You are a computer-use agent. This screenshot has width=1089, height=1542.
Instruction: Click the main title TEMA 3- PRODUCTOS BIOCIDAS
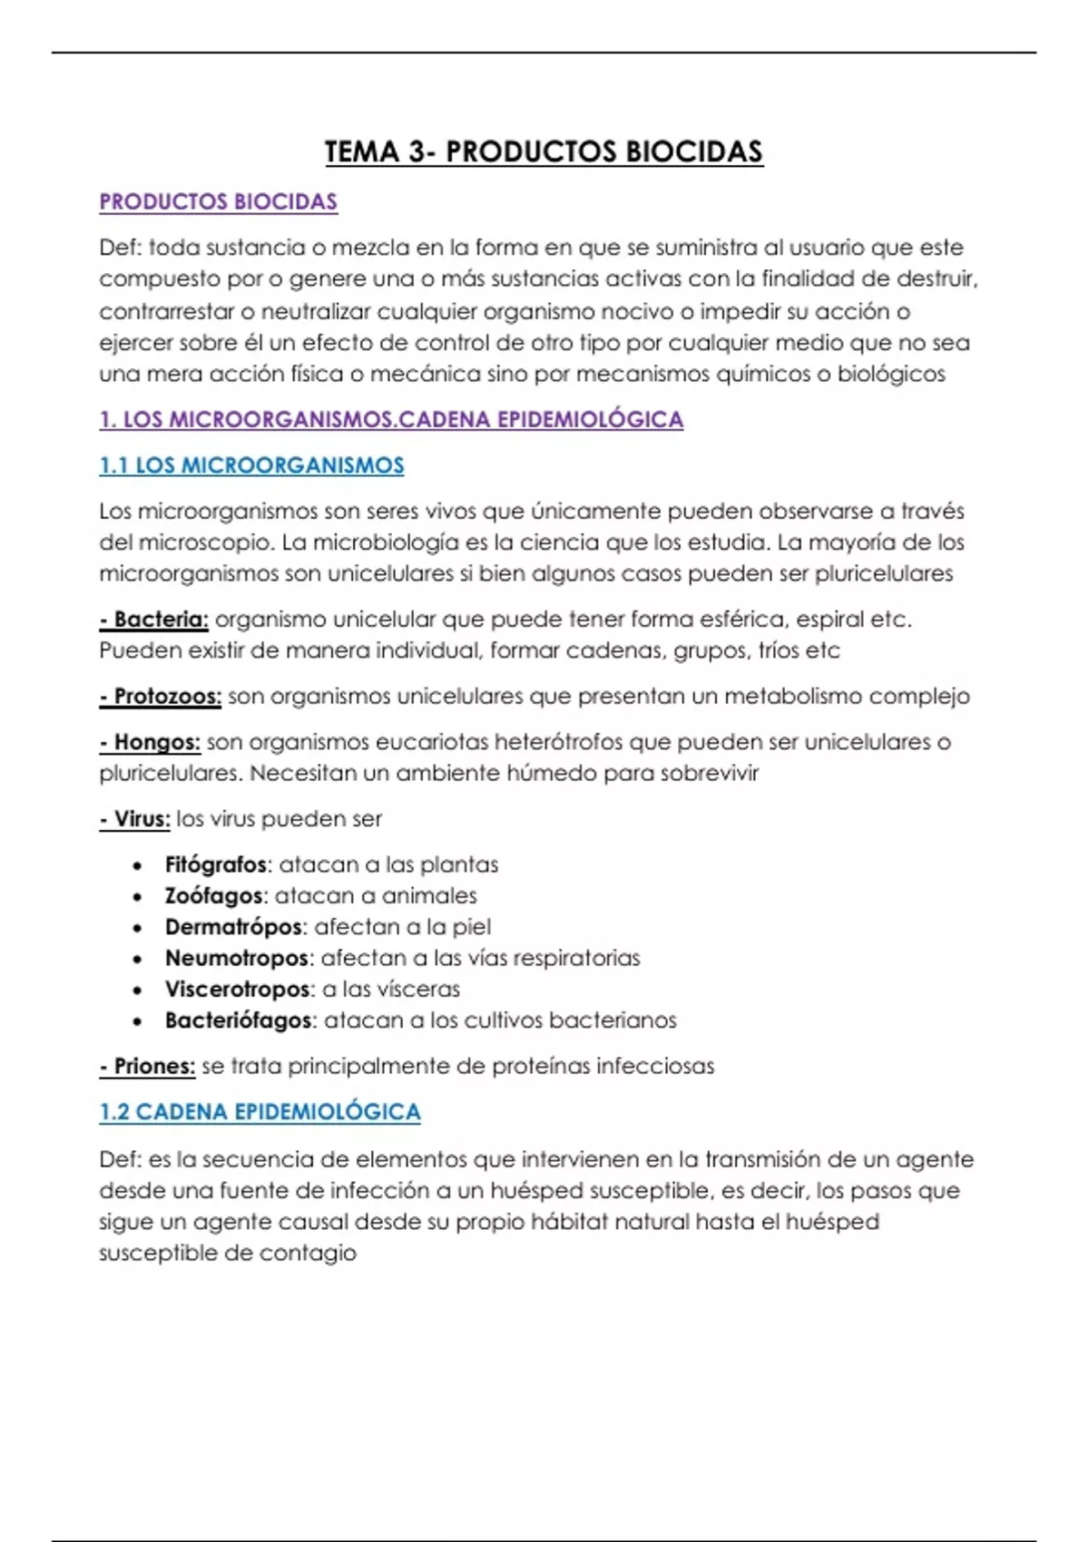click(544, 151)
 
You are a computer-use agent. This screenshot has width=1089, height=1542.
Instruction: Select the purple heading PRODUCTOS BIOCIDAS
click(218, 201)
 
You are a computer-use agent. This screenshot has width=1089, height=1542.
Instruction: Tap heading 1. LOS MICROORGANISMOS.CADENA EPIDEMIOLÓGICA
click(391, 419)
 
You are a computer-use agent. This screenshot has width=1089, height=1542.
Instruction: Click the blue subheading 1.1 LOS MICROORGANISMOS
click(251, 465)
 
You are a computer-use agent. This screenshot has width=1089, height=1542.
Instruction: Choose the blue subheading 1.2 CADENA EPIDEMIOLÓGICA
click(260, 1112)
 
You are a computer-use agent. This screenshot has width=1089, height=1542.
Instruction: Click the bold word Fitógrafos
click(216, 864)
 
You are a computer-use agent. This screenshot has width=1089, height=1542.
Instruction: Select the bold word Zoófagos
click(214, 895)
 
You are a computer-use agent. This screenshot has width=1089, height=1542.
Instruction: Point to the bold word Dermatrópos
click(233, 927)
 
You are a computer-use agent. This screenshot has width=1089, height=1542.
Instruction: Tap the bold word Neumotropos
click(237, 958)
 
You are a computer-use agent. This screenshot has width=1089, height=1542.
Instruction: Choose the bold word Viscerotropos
click(238, 989)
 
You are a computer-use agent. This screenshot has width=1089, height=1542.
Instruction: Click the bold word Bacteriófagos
click(239, 1020)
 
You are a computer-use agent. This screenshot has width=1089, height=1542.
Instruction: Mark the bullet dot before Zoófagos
click(137, 897)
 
